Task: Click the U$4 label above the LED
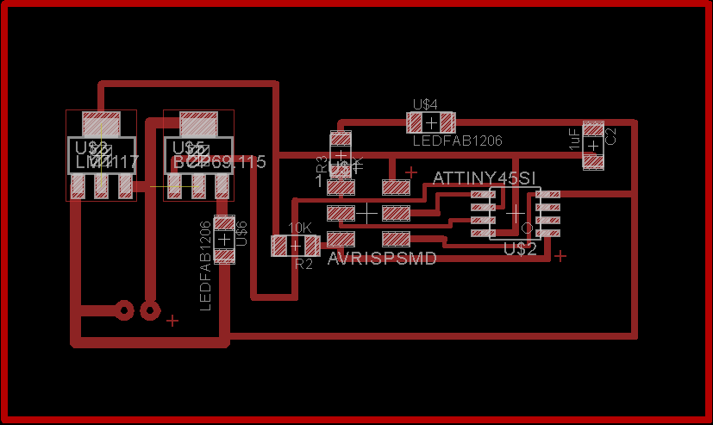pos(425,104)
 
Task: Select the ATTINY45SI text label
pos(485,178)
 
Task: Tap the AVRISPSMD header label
pos(382,258)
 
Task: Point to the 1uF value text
pos(573,139)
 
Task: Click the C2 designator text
pos(611,135)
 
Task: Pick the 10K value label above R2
pos(299,228)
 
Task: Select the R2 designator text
pos(303,264)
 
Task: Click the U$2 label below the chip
pos(520,249)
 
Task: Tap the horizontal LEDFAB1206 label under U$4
pos(457,140)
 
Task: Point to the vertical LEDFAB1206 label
pos(205,266)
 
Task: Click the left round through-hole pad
pos(124,309)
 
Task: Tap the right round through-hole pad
pos(151,309)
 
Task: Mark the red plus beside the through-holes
pos(172,321)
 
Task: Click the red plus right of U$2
pos(560,255)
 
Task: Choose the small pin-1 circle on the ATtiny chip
pos(528,228)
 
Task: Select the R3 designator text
pos(322,164)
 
